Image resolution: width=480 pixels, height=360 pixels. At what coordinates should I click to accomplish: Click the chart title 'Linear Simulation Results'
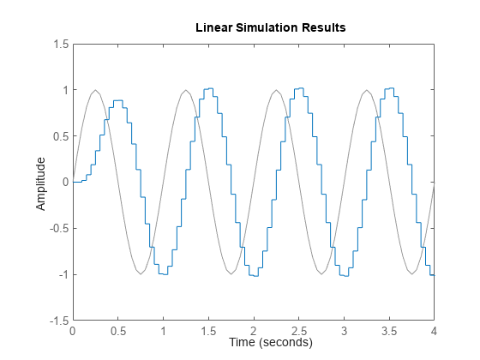pos(271,27)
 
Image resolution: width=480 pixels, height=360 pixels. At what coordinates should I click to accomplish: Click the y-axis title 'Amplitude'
pos(40,183)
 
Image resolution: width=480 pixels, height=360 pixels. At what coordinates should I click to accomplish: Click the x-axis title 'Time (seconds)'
pos(271,343)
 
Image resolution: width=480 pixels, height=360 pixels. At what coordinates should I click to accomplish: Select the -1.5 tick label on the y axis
pos(57,321)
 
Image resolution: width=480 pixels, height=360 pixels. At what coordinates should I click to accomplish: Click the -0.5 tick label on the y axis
pos(57,229)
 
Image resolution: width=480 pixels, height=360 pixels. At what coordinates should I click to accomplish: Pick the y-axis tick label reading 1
pos(63,90)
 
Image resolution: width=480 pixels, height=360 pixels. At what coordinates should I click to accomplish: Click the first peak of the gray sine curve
pos(95,90)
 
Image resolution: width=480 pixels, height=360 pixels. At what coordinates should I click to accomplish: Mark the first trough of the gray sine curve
pos(141,274)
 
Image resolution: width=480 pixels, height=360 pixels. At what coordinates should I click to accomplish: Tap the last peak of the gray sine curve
pos(366,90)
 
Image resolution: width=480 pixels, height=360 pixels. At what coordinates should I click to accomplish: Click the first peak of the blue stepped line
pos(118,100)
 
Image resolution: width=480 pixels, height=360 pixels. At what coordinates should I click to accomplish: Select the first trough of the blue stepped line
pos(163,273)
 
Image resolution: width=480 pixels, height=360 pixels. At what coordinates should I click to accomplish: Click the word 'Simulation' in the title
pos(276,27)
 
